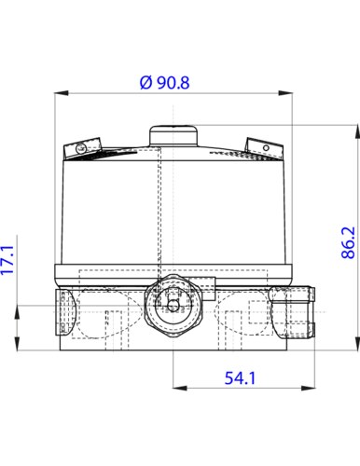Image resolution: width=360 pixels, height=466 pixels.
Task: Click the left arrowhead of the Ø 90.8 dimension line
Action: click(66, 92)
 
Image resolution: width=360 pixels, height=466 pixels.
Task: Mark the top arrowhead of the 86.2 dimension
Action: click(358, 129)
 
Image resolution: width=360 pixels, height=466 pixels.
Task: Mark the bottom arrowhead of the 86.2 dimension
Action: click(358, 347)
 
